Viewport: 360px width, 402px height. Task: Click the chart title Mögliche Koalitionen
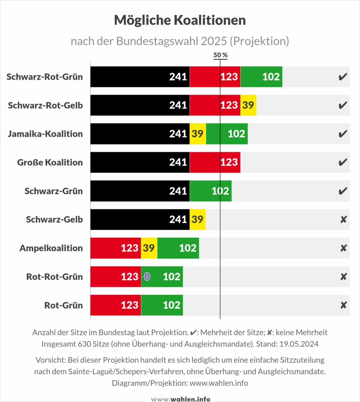(180, 20)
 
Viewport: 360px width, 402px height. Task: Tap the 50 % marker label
(220, 55)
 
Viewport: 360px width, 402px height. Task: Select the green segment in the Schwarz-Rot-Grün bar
(261, 77)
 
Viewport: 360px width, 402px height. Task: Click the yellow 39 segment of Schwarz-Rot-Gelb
(248, 105)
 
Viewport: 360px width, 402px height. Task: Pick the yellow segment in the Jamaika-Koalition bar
(198, 134)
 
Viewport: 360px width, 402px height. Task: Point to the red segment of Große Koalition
(215, 162)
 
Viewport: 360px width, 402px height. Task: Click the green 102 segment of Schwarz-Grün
(210, 191)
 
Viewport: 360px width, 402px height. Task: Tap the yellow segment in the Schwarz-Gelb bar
(198, 219)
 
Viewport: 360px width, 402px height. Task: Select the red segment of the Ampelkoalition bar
(115, 248)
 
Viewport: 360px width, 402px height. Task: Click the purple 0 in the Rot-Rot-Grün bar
(147, 277)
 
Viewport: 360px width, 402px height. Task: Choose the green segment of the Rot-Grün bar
(162, 305)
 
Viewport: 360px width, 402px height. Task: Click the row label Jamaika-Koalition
(45, 134)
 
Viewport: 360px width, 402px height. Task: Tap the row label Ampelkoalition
(51, 248)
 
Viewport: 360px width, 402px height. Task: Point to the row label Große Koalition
(50, 162)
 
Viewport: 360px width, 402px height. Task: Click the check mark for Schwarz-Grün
(342, 191)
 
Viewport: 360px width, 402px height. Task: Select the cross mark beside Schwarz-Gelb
(343, 220)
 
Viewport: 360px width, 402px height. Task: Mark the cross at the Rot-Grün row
(343, 305)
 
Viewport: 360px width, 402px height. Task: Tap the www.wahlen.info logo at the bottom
(180, 399)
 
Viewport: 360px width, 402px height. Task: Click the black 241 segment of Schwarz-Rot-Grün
(140, 77)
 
